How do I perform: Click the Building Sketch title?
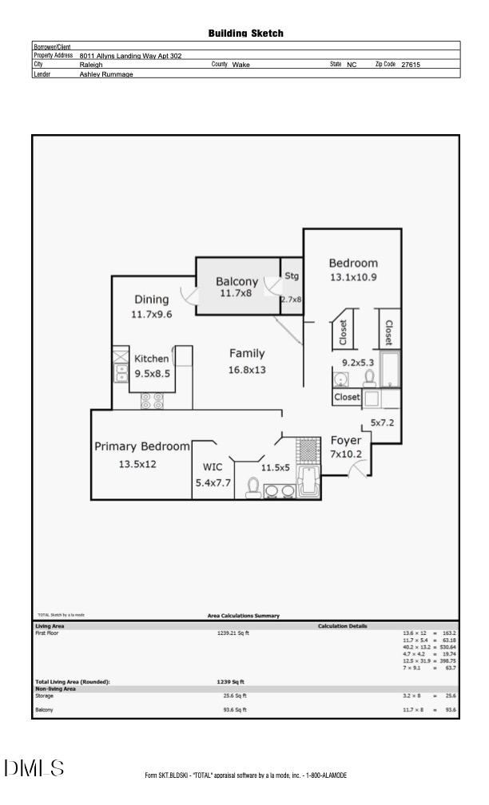click(245, 34)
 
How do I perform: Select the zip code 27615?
click(411, 65)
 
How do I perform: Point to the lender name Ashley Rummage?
click(106, 74)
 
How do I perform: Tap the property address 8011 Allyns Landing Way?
click(131, 56)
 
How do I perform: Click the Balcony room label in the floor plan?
click(237, 281)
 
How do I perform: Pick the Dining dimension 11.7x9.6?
click(152, 315)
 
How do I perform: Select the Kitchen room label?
click(152, 359)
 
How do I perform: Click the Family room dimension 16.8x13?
click(247, 370)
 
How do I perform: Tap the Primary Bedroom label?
click(142, 446)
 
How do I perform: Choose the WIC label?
click(213, 467)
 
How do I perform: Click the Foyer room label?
click(346, 441)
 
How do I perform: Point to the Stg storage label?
click(292, 276)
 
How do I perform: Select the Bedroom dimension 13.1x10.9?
click(353, 278)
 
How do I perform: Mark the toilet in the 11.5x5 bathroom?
click(252, 486)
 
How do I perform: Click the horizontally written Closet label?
click(347, 397)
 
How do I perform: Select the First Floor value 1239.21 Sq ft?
click(233, 632)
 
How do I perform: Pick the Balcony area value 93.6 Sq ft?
click(235, 709)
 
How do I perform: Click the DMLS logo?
click(34, 768)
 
